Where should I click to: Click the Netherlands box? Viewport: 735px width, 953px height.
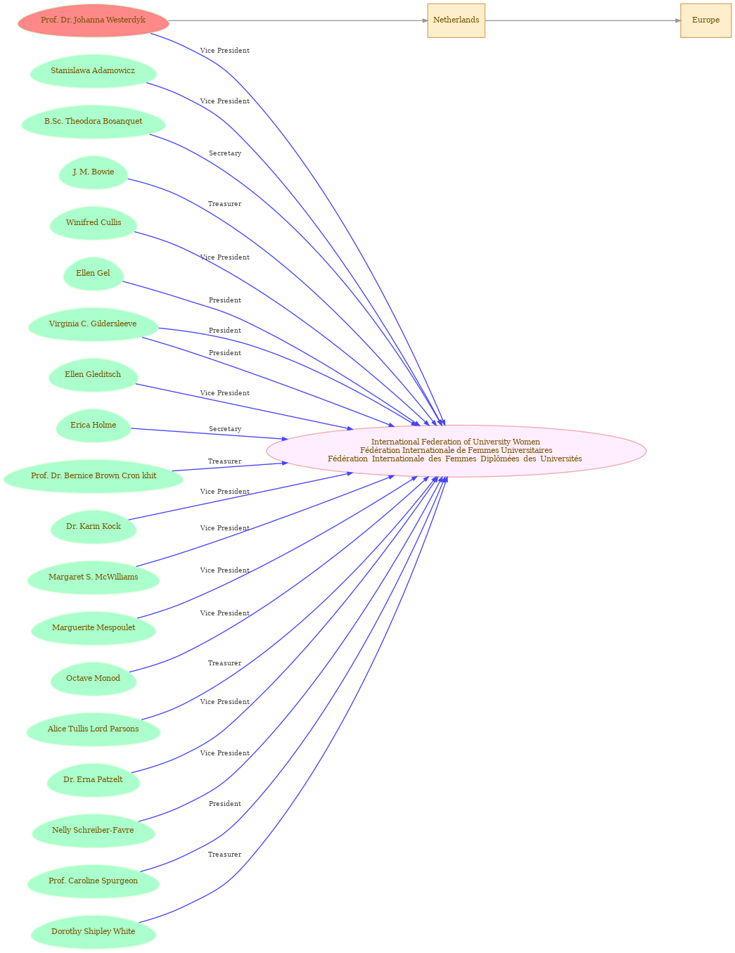456,20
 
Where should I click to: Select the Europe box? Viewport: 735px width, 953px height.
705,20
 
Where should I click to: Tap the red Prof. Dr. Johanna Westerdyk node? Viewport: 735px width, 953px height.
93,20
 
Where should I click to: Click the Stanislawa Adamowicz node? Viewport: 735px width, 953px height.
93,71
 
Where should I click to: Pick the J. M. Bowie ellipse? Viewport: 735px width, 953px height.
93,172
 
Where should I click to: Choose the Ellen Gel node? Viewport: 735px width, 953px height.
93,274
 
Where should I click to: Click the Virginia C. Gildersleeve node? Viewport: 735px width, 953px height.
93,324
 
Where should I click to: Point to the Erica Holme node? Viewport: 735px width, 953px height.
93,426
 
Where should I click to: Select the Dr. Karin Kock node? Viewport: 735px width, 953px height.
93,527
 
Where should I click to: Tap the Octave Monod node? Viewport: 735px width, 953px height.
93,679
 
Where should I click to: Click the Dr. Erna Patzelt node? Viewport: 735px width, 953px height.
93,780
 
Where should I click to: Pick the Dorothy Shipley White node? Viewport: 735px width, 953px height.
93,931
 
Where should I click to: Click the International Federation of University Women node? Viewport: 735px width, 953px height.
456,451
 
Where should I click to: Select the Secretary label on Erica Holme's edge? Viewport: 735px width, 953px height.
225,429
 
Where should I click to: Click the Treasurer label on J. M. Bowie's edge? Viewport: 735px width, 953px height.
224,204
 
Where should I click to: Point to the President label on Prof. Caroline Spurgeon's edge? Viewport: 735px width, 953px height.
225,804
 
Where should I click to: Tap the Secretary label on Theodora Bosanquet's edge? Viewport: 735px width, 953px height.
225,153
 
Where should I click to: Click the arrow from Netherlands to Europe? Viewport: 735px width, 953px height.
583,20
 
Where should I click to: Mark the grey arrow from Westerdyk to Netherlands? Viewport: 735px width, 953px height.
298,20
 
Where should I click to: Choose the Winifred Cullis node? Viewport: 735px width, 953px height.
93,223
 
